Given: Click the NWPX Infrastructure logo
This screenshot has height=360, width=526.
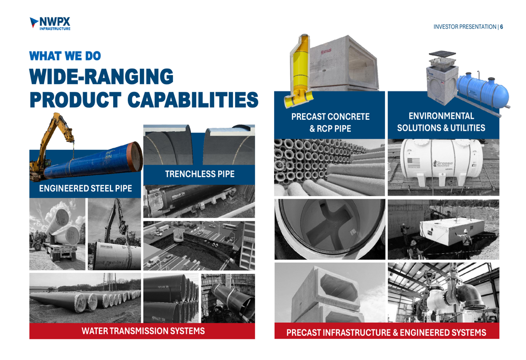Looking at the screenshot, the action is pyautogui.click(x=50, y=24).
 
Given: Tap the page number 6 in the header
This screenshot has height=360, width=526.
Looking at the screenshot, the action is pyautogui.click(x=501, y=27).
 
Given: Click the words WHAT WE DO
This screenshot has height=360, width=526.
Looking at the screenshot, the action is pyautogui.click(x=65, y=56).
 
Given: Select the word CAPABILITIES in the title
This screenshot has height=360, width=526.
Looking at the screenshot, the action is pyautogui.click(x=193, y=100).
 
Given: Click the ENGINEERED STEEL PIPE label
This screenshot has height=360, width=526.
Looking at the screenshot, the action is pyautogui.click(x=86, y=188).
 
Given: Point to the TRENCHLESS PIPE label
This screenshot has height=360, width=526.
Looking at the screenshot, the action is pyautogui.click(x=199, y=174).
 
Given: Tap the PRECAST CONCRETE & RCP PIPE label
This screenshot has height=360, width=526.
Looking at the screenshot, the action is pyautogui.click(x=330, y=122).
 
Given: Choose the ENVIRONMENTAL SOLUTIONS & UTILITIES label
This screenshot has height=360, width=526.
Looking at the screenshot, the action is pyautogui.click(x=441, y=122).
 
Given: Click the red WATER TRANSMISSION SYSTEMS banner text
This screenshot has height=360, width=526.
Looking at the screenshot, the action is pyautogui.click(x=143, y=331).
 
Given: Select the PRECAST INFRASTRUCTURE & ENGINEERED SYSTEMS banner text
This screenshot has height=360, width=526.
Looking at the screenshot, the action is pyautogui.click(x=386, y=333).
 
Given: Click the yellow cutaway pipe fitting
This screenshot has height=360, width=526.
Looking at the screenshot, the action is pyautogui.click(x=298, y=71).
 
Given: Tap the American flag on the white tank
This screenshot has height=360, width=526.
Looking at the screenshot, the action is pyautogui.click(x=413, y=162).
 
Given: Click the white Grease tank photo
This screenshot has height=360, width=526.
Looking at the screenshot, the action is pyautogui.click(x=443, y=167).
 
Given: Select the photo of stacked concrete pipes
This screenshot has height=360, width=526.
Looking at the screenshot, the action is pyautogui.click(x=329, y=167).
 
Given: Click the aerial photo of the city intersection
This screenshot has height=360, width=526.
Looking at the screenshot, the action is pyautogui.click(x=199, y=246).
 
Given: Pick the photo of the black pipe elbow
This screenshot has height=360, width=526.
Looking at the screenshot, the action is pyautogui.click(x=443, y=292).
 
